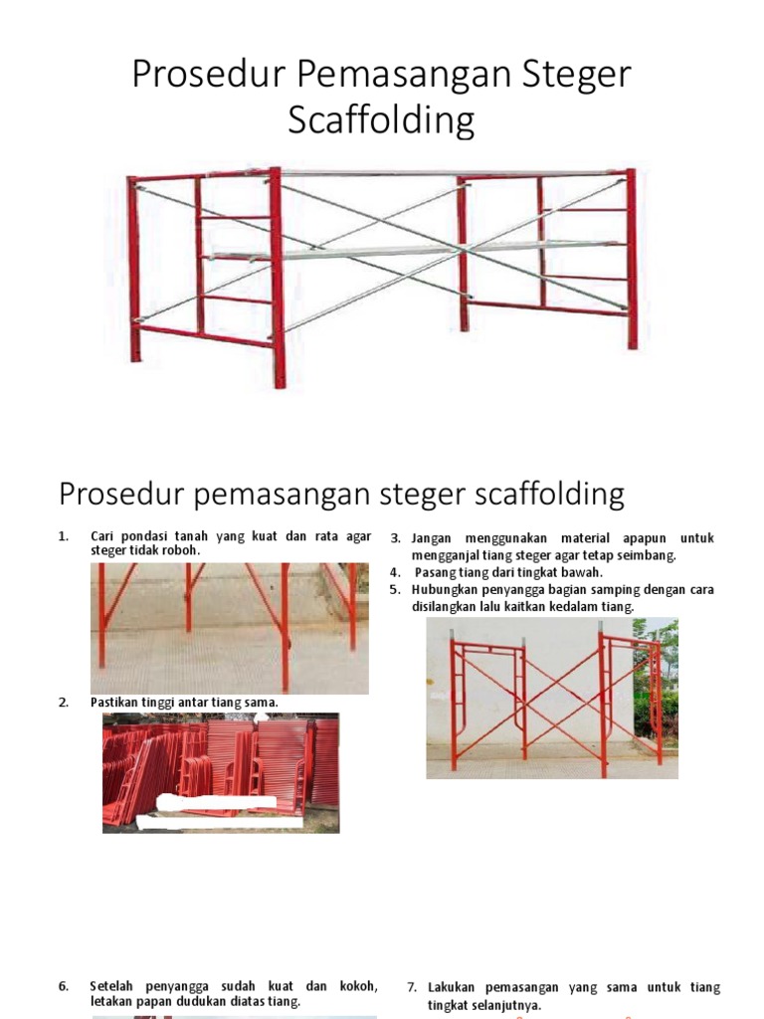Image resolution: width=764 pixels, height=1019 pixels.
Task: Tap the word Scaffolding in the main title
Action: click(x=381, y=120)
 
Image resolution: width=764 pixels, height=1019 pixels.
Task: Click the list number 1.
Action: click(x=64, y=537)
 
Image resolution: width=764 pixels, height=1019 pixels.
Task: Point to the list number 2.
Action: click(x=64, y=703)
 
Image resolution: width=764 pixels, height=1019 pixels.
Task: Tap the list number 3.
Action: click(x=395, y=538)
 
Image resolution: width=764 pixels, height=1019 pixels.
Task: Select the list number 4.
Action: click(x=395, y=572)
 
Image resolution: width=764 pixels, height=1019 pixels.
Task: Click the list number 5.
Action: click(x=395, y=589)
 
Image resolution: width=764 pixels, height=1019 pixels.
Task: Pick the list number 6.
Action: click(x=64, y=986)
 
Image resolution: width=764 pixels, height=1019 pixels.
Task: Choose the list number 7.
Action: click(x=412, y=987)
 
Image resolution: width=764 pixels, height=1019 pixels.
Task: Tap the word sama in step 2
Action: click(x=262, y=703)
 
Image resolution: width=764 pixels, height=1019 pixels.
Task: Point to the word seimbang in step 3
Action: click(x=646, y=555)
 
